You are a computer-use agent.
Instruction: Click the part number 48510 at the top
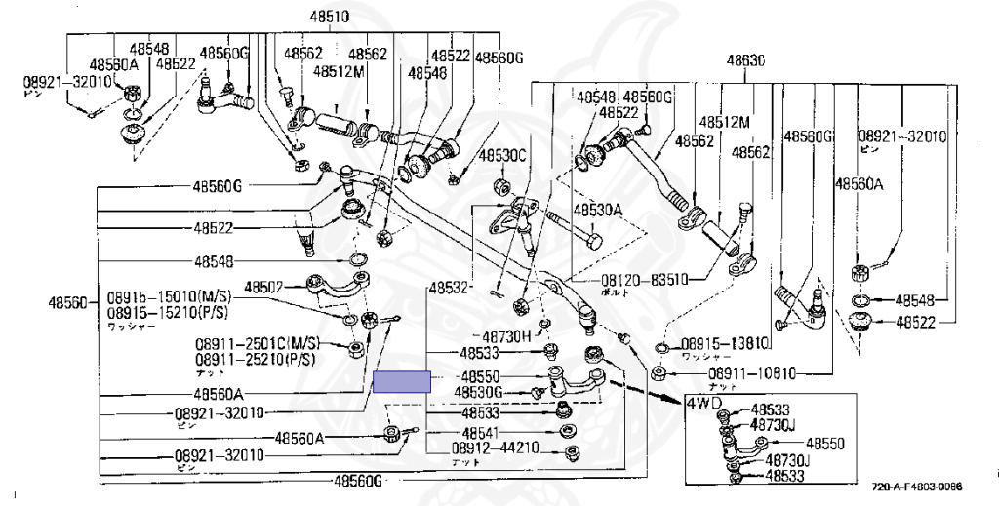tap(331, 17)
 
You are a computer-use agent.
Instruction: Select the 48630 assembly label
tap(743, 60)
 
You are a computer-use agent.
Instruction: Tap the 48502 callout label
tap(263, 288)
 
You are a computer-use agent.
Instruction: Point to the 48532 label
tap(450, 289)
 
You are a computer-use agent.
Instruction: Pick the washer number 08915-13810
tap(725, 343)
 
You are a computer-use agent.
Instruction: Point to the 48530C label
tap(502, 156)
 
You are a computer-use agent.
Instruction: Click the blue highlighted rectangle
tap(401, 381)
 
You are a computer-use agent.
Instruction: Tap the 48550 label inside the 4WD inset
tap(824, 444)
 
